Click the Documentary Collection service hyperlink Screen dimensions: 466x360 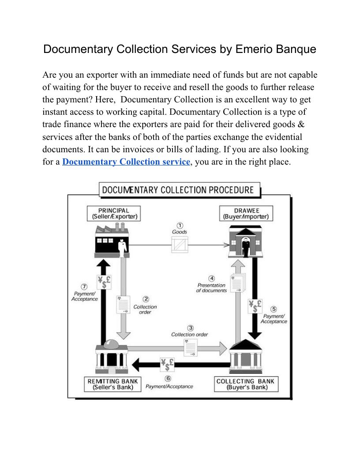pyautogui.click(x=126, y=162)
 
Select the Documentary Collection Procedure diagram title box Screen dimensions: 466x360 pyautogui.click(x=178, y=190)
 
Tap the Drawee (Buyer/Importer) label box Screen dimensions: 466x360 pyautogui.click(x=246, y=214)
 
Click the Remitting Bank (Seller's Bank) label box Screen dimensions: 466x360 pyautogui.click(x=112, y=384)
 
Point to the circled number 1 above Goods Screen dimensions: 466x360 pyautogui.click(x=180, y=225)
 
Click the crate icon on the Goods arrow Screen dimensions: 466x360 pyautogui.click(x=180, y=244)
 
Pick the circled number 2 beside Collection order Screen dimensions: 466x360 pyautogui.click(x=146, y=299)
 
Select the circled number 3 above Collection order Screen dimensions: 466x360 pyautogui.click(x=191, y=328)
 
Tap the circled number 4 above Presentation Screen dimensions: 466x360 pyautogui.click(x=212, y=278)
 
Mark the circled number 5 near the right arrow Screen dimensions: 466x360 pyautogui.click(x=274, y=309)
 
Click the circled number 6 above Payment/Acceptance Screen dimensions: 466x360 pyautogui.click(x=168, y=379)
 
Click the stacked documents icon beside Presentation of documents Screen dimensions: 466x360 pyautogui.click(x=238, y=282)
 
